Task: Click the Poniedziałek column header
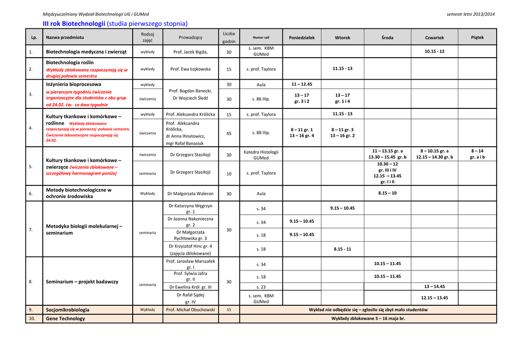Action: (302, 37)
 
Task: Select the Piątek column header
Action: (477, 37)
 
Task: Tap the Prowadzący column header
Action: (190, 37)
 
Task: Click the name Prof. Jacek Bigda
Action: (190, 52)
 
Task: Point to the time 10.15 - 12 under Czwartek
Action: (434, 51)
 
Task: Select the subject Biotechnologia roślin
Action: (70, 63)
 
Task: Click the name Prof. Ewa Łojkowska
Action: (190, 69)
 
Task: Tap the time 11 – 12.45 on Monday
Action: (302, 85)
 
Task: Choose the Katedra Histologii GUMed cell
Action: (261, 155)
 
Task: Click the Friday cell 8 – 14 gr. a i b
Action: (477, 154)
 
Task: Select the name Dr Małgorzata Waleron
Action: (190, 193)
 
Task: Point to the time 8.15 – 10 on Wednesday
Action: (387, 193)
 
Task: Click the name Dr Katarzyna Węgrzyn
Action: (190, 206)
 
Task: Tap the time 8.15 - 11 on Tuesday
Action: (342, 249)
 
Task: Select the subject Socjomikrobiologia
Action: (68, 310)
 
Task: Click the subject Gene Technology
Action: (65, 319)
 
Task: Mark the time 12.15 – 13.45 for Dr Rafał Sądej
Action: (434, 298)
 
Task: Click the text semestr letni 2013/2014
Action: (471, 14)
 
